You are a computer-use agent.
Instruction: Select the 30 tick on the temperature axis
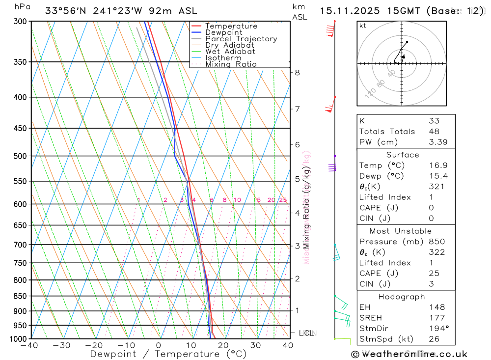255,345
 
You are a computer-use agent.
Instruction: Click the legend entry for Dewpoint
223,32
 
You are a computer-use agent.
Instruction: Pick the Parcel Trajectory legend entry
241,39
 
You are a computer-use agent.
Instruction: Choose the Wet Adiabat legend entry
230,52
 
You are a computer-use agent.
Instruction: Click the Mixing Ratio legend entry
231,64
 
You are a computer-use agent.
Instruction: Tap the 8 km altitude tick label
297,73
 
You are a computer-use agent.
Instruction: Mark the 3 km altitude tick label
297,246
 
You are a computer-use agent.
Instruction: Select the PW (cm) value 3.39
434,142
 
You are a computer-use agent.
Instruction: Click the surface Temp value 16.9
434,166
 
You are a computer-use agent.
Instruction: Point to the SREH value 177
436,318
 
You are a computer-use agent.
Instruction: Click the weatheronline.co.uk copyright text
409,354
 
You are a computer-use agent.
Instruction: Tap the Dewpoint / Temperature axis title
168,354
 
